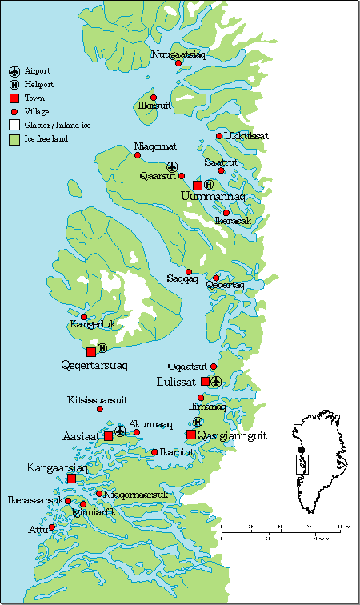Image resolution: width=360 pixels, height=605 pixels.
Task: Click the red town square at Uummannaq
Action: pyautogui.click(x=198, y=186)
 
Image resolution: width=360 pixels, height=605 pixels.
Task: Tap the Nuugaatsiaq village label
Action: pyautogui.click(x=178, y=54)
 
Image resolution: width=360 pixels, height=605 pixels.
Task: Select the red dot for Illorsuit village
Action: pyautogui.click(x=154, y=98)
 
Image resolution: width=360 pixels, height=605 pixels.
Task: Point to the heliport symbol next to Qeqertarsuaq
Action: pyautogui.click(x=102, y=349)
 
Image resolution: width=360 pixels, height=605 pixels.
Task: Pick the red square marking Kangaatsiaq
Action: pyautogui.click(x=71, y=479)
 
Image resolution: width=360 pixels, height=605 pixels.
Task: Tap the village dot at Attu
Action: pyautogui.click(x=52, y=527)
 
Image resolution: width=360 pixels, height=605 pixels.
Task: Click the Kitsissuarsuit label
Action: pyautogui.click(x=97, y=399)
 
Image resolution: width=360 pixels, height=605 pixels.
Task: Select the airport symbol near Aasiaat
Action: pyautogui.click(x=120, y=431)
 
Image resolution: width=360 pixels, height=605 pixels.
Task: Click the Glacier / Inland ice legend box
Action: pyautogui.click(x=14, y=125)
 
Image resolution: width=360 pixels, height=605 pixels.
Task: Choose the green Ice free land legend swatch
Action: pyautogui.click(x=14, y=138)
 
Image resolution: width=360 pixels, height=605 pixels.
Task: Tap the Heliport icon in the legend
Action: pyautogui.click(x=14, y=84)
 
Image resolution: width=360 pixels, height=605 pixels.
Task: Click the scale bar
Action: pyautogui.click(x=284, y=530)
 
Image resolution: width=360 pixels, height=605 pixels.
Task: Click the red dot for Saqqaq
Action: pyautogui.click(x=189, y=272)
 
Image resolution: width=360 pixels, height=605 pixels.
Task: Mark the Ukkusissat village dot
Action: pyautogui.click(x=219, y=136)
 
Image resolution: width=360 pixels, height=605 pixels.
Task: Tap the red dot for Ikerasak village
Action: pyautogui.click(x=226, y=213)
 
